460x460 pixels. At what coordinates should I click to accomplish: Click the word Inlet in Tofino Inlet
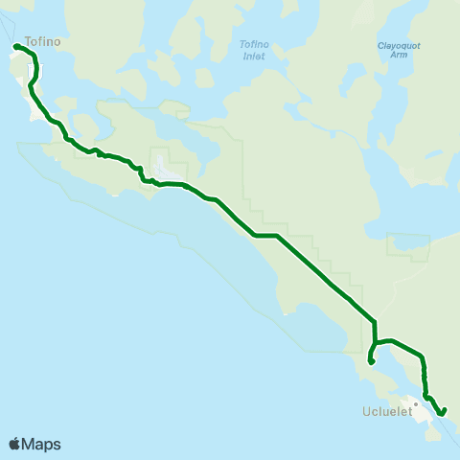point(253,56)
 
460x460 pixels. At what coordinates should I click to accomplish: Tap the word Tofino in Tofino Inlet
point(253,45)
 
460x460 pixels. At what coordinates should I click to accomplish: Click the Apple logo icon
point(14,444)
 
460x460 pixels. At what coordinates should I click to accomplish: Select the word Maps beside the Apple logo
point(41,444)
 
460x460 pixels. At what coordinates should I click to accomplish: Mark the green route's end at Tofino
point(15,46)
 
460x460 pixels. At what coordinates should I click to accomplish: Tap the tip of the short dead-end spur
point(370,362)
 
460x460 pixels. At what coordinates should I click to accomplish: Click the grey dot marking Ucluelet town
point(416,402)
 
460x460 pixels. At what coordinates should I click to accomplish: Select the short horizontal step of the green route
point(266,236)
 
